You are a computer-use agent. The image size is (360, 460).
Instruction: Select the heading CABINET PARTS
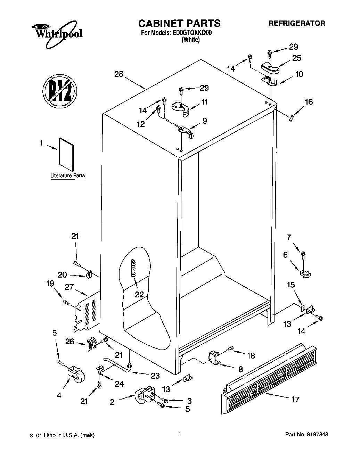coord(179,23)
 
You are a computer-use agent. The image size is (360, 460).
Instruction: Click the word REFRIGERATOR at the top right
coord(297,23)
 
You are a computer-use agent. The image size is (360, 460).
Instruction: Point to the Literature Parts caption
coord(68,176)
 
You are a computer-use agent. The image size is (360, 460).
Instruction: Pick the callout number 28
coord(119,74)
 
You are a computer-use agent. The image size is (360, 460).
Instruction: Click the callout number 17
coord(295,400)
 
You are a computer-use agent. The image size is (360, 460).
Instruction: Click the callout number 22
coord(139,294)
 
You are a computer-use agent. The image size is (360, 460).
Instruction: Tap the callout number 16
coord(309,102)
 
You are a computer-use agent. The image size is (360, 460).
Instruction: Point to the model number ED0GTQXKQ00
coord(191,34)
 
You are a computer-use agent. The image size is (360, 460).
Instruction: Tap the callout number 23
coord(155,376)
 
